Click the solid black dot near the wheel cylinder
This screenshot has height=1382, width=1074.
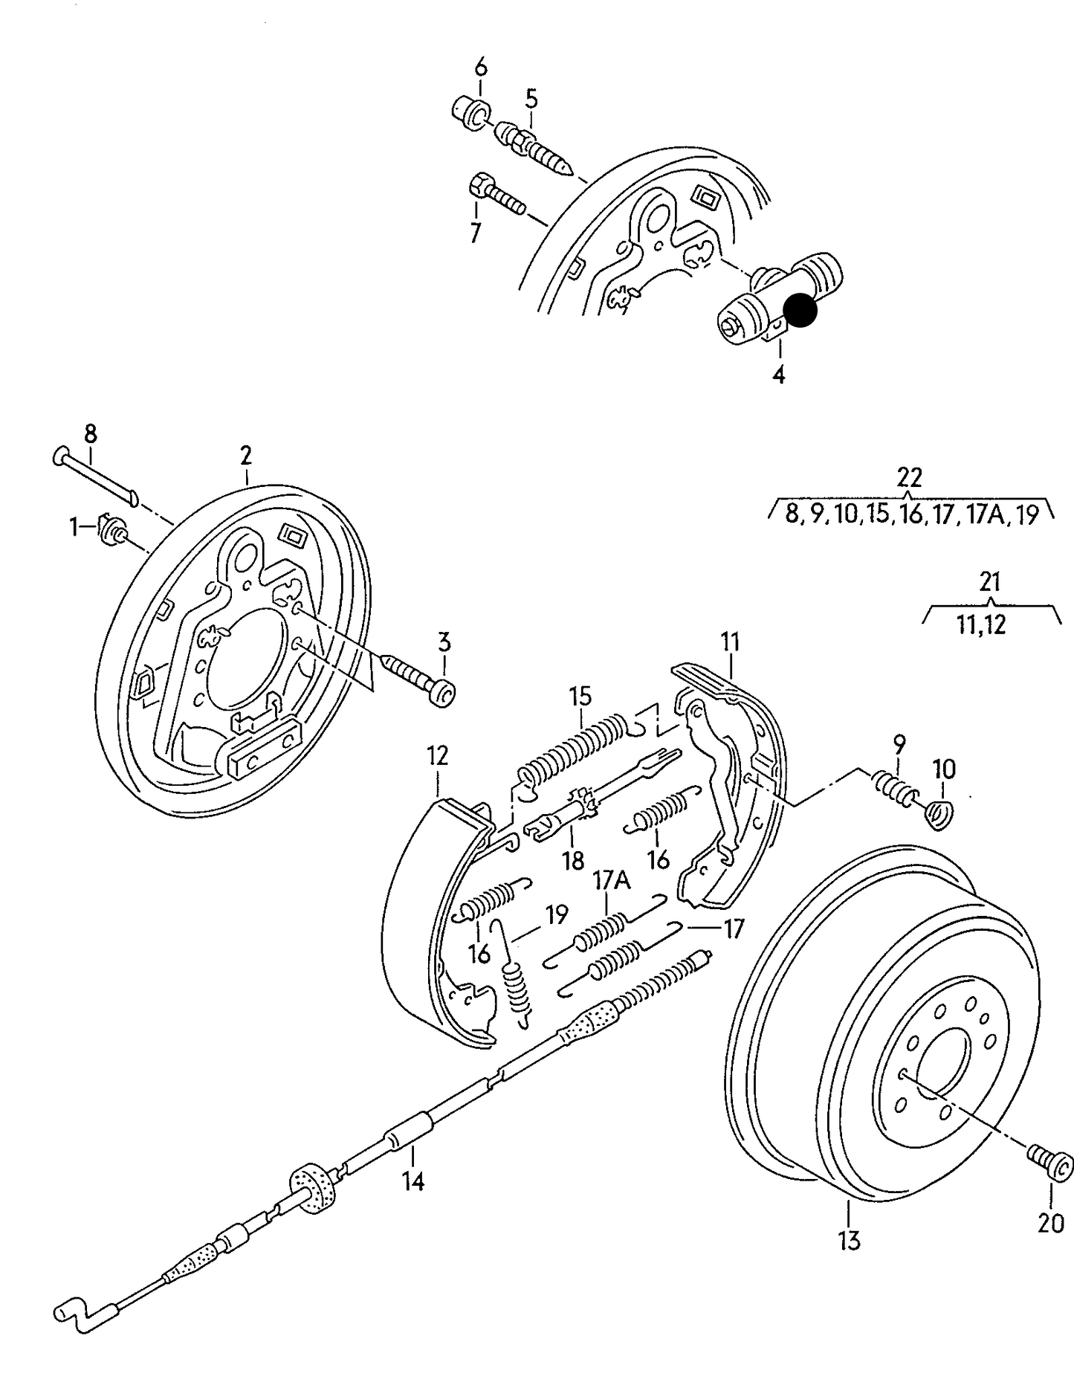pos(800,310)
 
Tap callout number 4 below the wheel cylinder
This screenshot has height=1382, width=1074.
pos(778,374)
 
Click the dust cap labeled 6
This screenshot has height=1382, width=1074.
pos(470,112)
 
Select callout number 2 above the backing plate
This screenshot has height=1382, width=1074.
pos(246,455)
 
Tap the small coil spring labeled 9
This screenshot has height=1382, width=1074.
pos(892,789)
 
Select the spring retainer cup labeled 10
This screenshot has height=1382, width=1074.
pos(939,813)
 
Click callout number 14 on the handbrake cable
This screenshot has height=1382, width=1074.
pos(413,1180)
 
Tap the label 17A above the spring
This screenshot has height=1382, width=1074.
pos(611,881)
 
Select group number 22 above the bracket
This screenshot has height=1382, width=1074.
pos(909,477)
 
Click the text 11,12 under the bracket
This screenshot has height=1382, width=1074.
pos(981,624)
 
